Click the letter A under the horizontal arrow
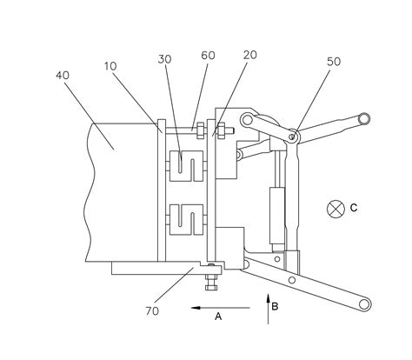(x=217, y=318)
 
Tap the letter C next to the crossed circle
(x=355, y=208)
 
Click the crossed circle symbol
(x=335, y=208)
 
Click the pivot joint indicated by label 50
(x=295, y=136)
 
